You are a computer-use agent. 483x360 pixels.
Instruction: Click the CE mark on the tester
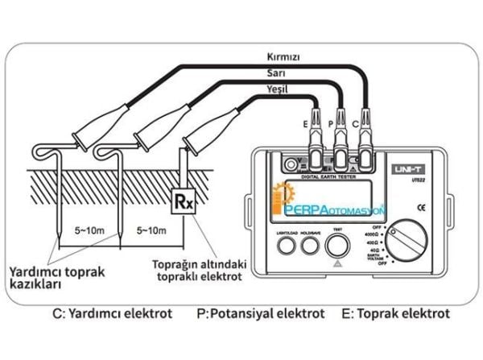point(420,208)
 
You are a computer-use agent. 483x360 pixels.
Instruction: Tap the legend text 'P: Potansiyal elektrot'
point(261,313)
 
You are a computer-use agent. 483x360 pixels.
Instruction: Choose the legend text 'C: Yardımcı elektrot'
point(112,313)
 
